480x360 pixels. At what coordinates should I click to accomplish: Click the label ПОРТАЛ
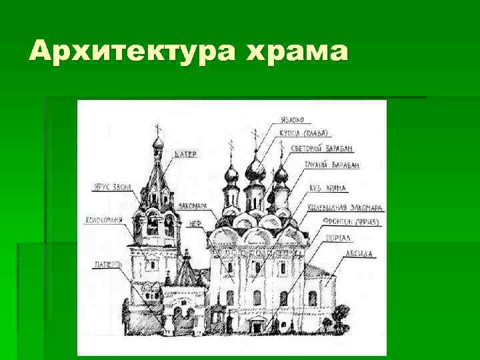[341, 237]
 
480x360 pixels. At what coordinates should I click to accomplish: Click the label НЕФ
[196, 224]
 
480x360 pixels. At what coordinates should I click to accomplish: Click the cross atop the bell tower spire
[158, 128]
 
